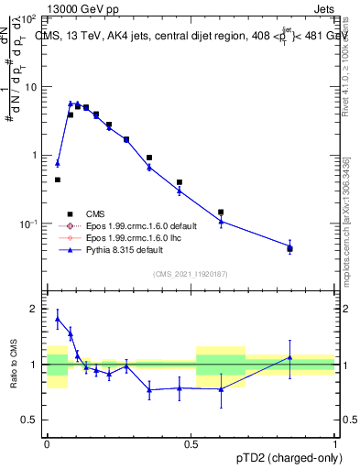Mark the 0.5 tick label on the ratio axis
(x=30, y=420)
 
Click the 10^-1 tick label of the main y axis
(x=27, y=224)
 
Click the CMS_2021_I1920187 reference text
(x=191, y=274)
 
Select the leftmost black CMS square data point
(x=57, y=180)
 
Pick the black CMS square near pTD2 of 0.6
(x=221, y=212)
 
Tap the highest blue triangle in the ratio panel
(x=58, y=319)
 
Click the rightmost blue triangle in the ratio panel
(x=289, y=357)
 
